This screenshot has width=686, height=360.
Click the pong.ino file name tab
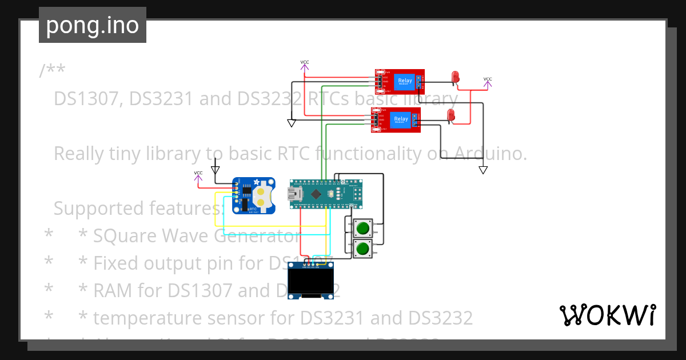(92, 25)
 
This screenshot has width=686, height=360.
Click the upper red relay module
(400, 81)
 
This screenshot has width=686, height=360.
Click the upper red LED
(456, 77)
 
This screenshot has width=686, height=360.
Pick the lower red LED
(451, 116)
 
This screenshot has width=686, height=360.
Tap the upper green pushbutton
(362, 229)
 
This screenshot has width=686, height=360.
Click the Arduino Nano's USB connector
(296, 194)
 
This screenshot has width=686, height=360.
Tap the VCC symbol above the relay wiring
(305, 65)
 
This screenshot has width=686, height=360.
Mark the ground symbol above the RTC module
(215, 169)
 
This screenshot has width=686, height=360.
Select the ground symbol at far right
(483, 170)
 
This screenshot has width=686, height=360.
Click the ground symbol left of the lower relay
(291, 123)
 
